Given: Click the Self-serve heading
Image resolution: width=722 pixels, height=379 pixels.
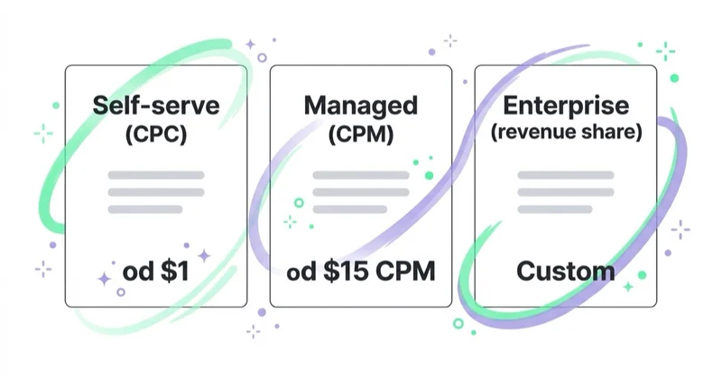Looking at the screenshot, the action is [156, 106].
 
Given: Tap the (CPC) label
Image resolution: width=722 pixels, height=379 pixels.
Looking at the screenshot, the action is [156, 134].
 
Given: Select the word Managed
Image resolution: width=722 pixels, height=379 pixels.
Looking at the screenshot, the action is [361, 106].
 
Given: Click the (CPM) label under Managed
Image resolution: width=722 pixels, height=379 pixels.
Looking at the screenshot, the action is [361, 134].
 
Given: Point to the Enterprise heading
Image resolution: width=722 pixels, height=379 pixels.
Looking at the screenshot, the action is [566, 106].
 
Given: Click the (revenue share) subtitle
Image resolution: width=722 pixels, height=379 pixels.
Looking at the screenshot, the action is [566, 132].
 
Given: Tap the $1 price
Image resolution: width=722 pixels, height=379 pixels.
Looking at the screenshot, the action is [175, 271].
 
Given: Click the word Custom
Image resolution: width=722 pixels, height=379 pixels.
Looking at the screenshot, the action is [566, 271].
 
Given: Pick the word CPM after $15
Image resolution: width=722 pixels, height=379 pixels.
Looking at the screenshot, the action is [405, 271].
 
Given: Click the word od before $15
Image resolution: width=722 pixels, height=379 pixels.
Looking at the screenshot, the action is [301, 271].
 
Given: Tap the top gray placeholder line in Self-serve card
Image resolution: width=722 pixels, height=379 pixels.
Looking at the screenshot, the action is [156, 175].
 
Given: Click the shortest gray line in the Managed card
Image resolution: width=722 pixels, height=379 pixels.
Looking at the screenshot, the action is [350, 209].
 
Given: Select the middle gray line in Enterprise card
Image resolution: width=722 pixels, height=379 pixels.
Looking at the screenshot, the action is [566, 192].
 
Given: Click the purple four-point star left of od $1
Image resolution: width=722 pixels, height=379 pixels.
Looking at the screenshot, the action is [104, 279].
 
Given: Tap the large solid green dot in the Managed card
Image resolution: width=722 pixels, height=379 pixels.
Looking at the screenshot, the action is [429, 175].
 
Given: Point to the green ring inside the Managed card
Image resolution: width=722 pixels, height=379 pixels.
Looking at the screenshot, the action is [299, 203].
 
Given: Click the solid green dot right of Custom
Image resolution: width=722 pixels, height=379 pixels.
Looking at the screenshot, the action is [642, 275].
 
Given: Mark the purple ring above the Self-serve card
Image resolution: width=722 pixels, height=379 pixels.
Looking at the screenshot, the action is [262, 58].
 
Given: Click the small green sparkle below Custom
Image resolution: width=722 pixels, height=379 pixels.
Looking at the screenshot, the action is [628, 287].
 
